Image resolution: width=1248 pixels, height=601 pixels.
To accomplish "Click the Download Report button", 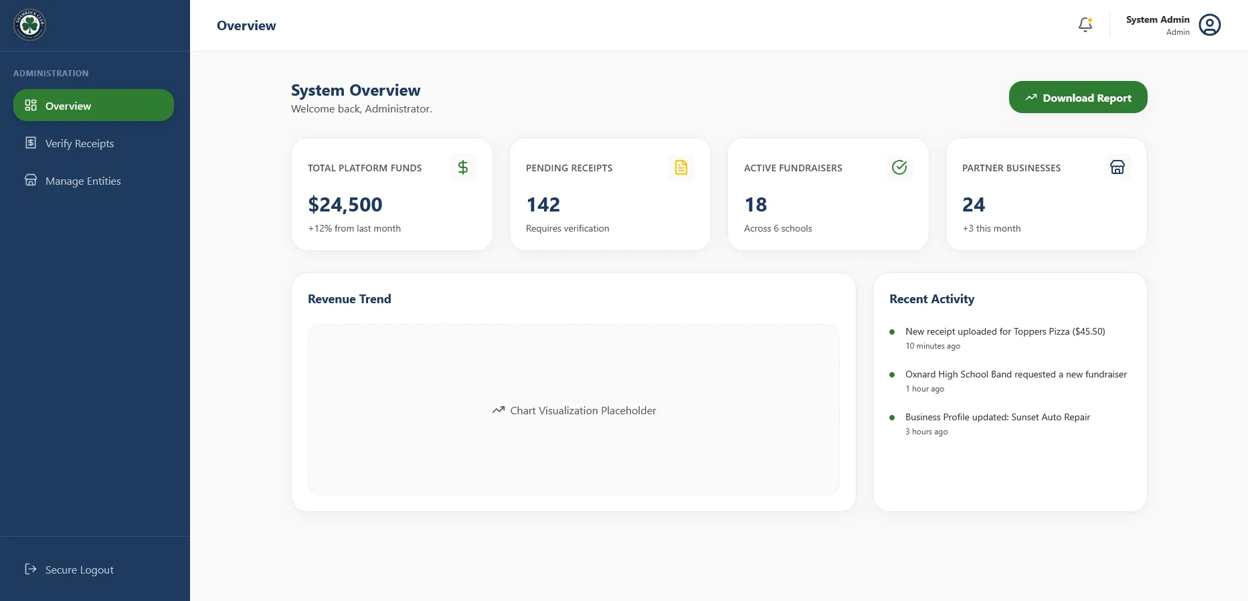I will [1077, 98].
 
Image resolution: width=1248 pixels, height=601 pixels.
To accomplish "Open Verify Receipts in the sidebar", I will [79, 143].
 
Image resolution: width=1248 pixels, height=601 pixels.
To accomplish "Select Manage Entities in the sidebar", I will [82, 181].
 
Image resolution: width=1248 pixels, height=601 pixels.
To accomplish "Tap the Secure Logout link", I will [79, 570].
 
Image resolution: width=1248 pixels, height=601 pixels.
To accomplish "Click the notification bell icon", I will [1085, 25].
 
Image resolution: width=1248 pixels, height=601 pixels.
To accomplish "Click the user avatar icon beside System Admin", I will [1209, 25].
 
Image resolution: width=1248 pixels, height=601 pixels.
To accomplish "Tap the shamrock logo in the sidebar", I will [29, 25].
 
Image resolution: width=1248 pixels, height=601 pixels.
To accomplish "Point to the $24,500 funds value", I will [345, 205].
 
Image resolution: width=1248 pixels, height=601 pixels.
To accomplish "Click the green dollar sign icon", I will [462, 167].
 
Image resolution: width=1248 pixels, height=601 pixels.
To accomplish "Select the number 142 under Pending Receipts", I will [543, 205].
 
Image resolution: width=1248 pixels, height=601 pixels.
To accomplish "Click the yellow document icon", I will [681, 167].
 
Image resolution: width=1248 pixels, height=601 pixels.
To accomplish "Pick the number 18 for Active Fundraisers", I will [755, 205].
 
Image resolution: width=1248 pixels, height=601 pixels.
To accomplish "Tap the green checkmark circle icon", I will [899, 167].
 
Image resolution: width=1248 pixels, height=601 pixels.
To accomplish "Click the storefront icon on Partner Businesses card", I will [1117, 167].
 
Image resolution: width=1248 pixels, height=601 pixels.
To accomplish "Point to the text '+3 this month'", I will [991, 228].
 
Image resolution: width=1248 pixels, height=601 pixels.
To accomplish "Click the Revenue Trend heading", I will [349, 299].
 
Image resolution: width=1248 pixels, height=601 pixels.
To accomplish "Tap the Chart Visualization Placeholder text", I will [582, 410].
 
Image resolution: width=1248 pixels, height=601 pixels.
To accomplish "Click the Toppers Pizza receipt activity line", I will [1004, 331].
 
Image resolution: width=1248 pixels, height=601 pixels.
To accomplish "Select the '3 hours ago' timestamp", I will [926, 432].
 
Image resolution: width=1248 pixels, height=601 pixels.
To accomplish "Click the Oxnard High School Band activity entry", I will [1015, 374].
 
